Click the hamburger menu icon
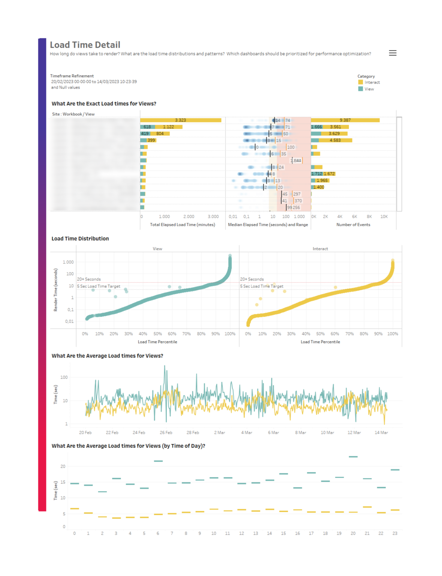click(393, 53)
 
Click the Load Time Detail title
click(85, 45)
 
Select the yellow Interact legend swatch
click(360, 82)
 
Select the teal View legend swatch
click(360, 89)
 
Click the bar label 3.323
click(180, 120)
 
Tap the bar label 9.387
click(345, 120)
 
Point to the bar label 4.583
click(335, 140)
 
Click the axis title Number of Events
click(353, 225)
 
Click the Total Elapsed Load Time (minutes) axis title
click(183, 225)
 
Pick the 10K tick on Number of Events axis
click(384, 217)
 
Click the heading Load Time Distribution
click(80, 238)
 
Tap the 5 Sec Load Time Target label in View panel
click(99, 286)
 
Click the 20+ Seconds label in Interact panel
click(252, 279)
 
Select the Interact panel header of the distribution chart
click(320, 249)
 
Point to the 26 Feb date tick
click(166, 433)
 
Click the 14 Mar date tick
click(381, 433)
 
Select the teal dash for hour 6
click(158, 461)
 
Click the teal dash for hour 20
click(353, 457)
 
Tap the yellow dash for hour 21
click(367, 507)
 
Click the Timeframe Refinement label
click(72, 76)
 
